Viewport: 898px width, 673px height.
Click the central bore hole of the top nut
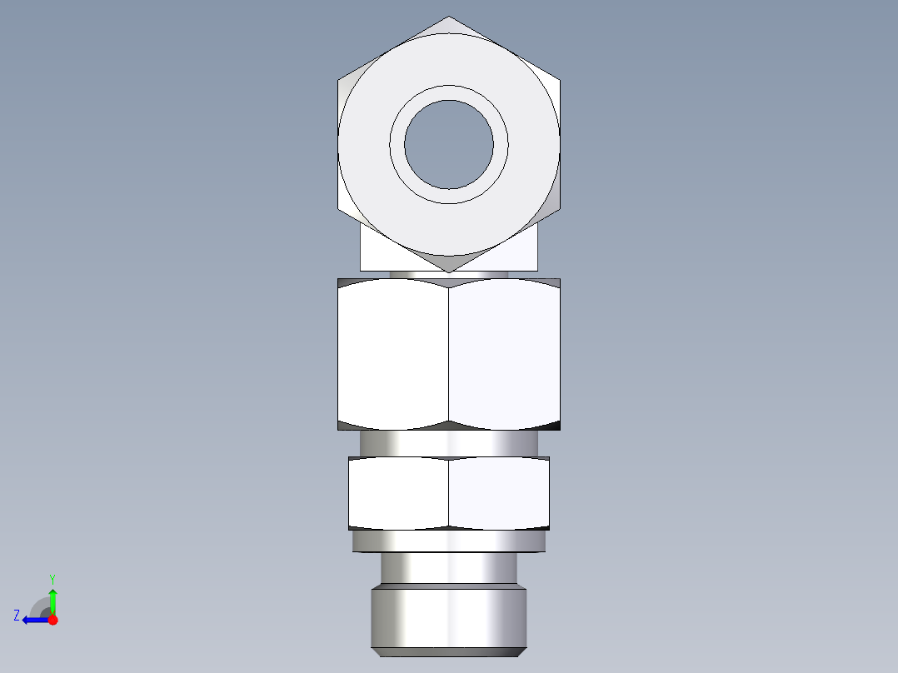pos(448,144)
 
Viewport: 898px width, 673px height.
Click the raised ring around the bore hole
pos(448,93)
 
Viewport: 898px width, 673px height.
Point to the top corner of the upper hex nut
pos(448,18)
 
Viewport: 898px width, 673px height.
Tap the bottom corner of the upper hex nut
pos(448,271)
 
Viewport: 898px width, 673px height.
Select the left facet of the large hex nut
pos(393,354)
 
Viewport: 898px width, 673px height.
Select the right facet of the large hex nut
pos(504,354)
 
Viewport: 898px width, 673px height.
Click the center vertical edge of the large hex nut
pos(448,354)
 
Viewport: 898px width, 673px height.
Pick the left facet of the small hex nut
pos(398,493)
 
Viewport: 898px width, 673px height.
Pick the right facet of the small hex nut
pos(498,493)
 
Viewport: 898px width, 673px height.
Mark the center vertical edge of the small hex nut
pos(448,493)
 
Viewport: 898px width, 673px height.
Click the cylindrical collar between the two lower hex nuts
pos(448,443)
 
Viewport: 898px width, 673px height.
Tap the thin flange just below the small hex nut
pos(448,541)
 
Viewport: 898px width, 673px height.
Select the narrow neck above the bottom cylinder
pos(448,568)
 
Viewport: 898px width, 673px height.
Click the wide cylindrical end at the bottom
pos(448,618)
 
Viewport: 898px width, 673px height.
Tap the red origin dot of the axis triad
pos(52,620)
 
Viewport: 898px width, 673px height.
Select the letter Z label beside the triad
pos(17,616)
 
